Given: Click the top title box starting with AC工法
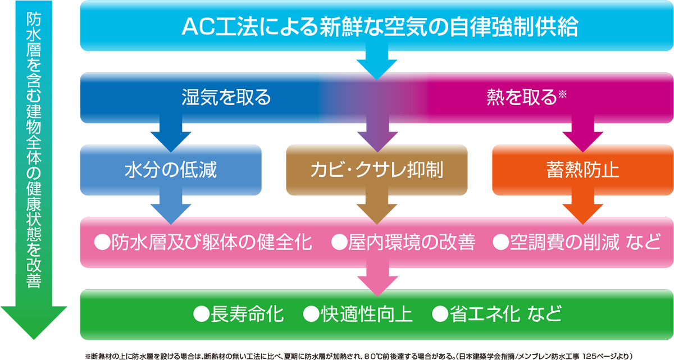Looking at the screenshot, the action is (x=377, y=26).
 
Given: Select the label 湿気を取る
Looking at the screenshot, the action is (x=226, y=98).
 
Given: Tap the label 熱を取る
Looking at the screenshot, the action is (x=522, y=98).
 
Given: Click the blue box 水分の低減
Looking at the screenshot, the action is (x=171, y=170).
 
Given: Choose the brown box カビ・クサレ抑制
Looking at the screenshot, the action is (x=377, y=170).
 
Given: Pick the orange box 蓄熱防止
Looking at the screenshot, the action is (x=583, y=170).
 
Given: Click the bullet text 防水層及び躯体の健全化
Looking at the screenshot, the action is (x=212, y=243).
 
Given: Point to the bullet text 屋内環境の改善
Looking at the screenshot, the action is (x=412, y=243).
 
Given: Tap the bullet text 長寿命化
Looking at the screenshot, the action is (x=247, y=315).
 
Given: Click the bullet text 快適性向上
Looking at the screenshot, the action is (x=367, y=315).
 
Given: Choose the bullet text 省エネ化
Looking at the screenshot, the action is (x=485, y=315).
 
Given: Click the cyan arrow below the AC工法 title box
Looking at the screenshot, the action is (x=377, y=62).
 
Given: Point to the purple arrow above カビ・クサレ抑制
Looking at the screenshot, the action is (x=377, y=134).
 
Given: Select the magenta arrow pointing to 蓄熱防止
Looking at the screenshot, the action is (x=583, y=134).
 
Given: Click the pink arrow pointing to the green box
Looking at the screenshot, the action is (x=377, y=279).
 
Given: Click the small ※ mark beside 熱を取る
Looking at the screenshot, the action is (x=562, y=94).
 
